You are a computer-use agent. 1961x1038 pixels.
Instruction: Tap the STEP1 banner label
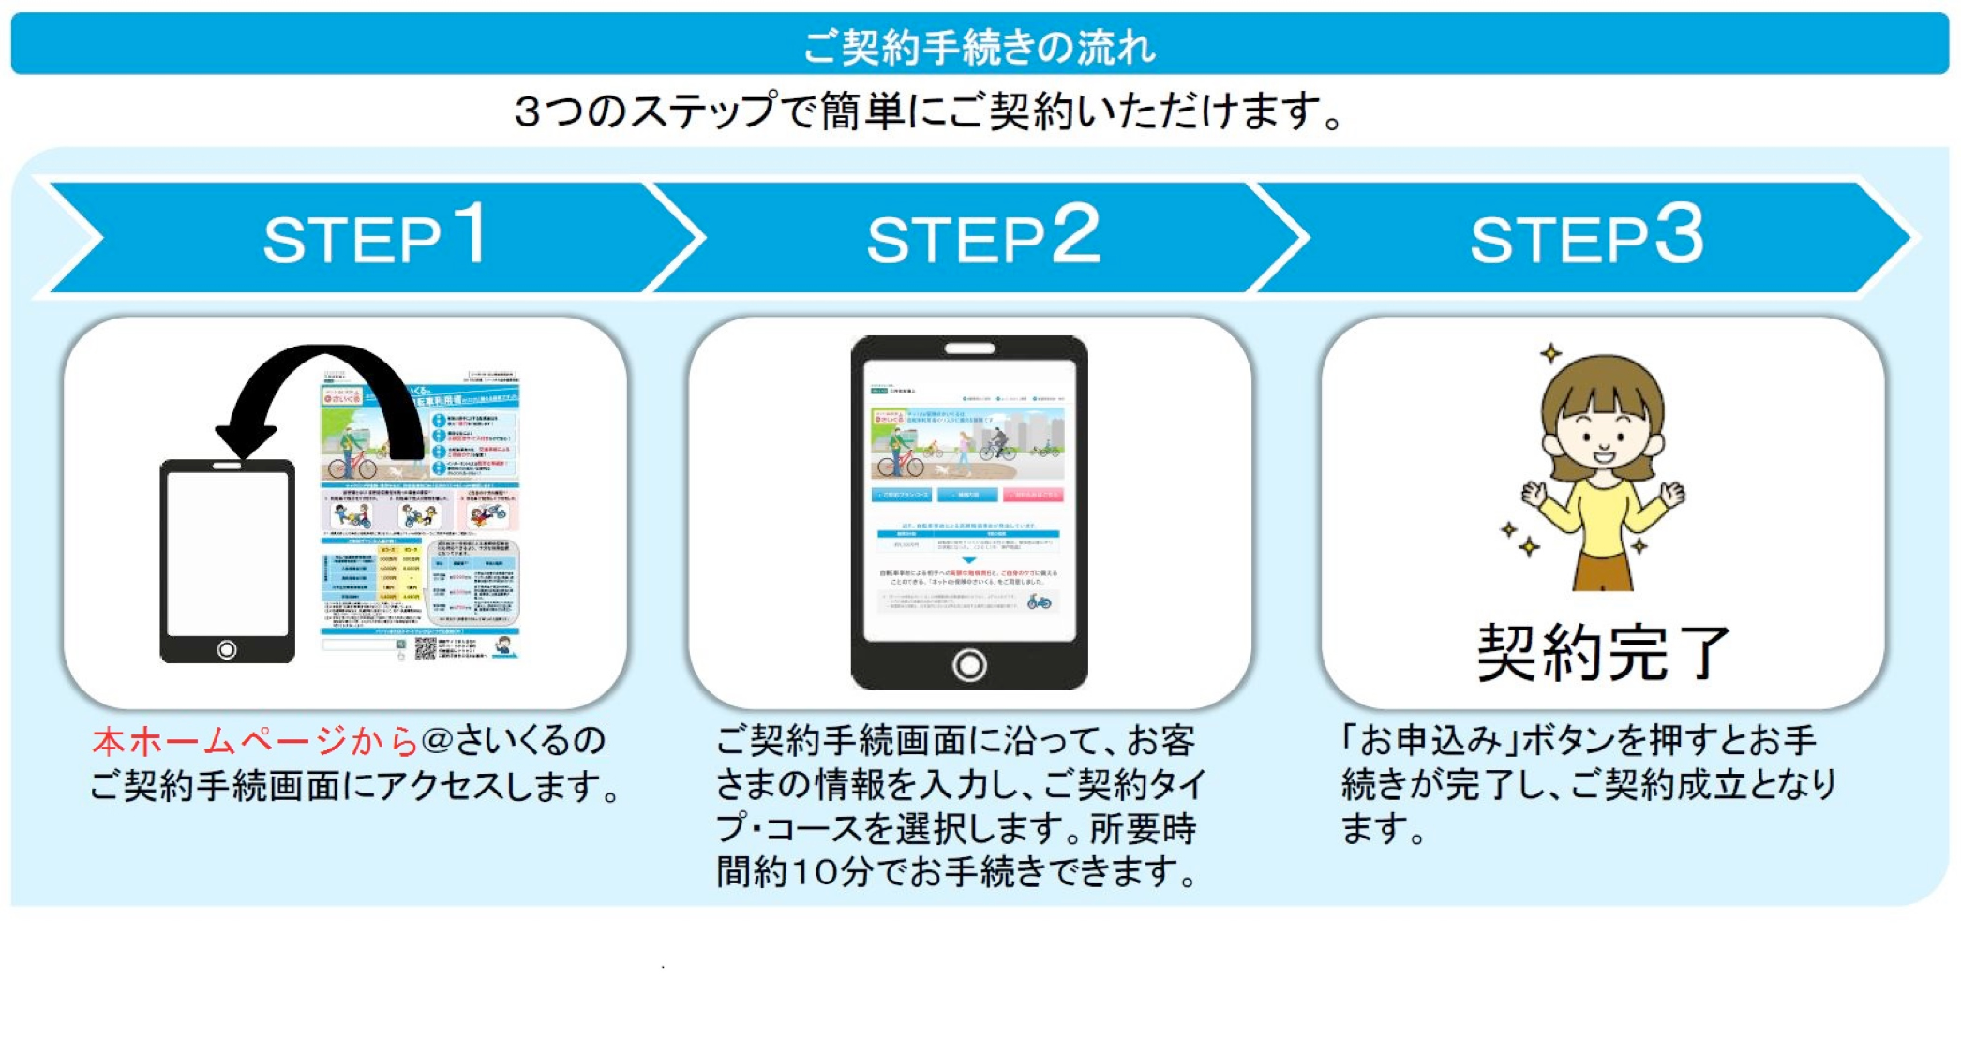click(375, 236)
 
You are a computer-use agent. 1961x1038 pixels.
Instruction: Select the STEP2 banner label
click(982, 236)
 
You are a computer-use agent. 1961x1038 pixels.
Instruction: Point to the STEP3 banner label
click(1586, 236)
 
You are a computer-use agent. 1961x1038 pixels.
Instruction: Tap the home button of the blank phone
click(227, 649)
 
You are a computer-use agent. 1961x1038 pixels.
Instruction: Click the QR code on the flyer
click(426, 647)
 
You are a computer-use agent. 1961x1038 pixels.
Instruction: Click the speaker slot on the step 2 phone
click(969, 348)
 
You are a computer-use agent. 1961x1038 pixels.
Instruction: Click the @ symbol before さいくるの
click(437, 741)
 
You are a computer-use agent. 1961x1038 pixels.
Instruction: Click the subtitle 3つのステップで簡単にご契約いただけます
click(928, 112)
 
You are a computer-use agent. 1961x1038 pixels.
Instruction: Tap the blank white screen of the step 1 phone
click(227, 553)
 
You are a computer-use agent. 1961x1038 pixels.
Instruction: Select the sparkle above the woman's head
click(1551, 353)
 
